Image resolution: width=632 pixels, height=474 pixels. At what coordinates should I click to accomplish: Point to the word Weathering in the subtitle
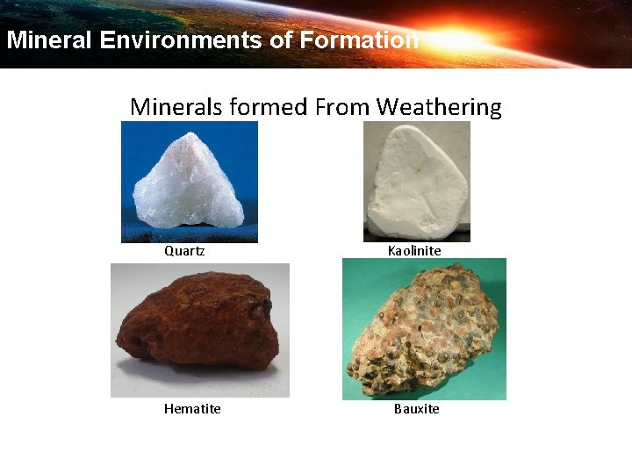click(439, 107)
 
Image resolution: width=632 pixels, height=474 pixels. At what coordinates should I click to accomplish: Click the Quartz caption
click(184, 251)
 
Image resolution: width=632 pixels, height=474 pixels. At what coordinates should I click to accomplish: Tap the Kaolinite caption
click(414, 251)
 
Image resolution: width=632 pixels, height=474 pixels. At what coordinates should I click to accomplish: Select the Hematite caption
click(192, 409)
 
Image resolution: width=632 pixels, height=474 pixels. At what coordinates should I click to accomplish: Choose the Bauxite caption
click(416, 409)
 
